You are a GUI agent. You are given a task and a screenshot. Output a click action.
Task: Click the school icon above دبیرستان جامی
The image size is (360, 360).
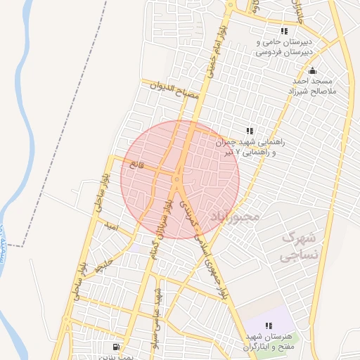(284, 32)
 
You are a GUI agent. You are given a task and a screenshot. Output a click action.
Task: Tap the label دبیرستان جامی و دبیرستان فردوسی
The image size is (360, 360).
(287, 46)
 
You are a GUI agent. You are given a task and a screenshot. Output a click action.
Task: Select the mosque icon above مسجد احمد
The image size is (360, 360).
(313, 70)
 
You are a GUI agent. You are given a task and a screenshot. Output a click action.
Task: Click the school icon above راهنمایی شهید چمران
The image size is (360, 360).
(249, 130)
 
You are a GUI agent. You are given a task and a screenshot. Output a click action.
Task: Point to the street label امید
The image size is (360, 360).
(109, 228)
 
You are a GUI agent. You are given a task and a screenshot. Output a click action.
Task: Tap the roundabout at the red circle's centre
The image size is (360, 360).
(176, 179)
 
